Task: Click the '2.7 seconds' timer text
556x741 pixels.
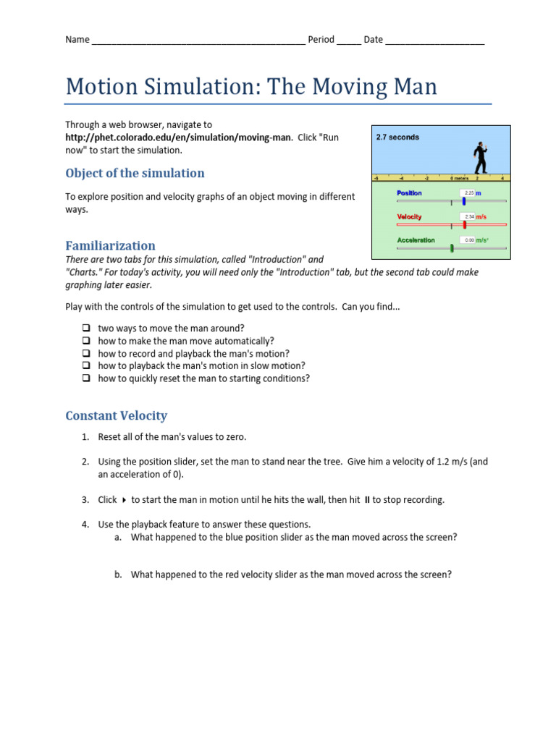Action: point(397,137)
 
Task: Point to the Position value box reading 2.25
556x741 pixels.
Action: point(468,193)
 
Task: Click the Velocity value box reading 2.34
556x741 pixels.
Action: point(468,216)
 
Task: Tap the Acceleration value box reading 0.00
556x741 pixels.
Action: point(468,240)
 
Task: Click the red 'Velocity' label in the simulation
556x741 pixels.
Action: point(409,216)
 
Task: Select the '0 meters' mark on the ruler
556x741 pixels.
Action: point(458,177)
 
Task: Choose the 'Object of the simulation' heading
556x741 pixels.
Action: point(135,173)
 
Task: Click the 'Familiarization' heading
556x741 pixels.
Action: point(110,245)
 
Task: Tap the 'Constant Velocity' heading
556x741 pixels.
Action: point(116,415)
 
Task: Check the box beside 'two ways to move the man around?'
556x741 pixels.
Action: point(85,328)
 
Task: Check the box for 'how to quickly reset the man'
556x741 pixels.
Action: point(85,378)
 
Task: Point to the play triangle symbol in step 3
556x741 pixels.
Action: point(124,500)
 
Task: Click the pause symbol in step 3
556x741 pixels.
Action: point(367,500)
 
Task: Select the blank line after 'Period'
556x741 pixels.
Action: point(348,41)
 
